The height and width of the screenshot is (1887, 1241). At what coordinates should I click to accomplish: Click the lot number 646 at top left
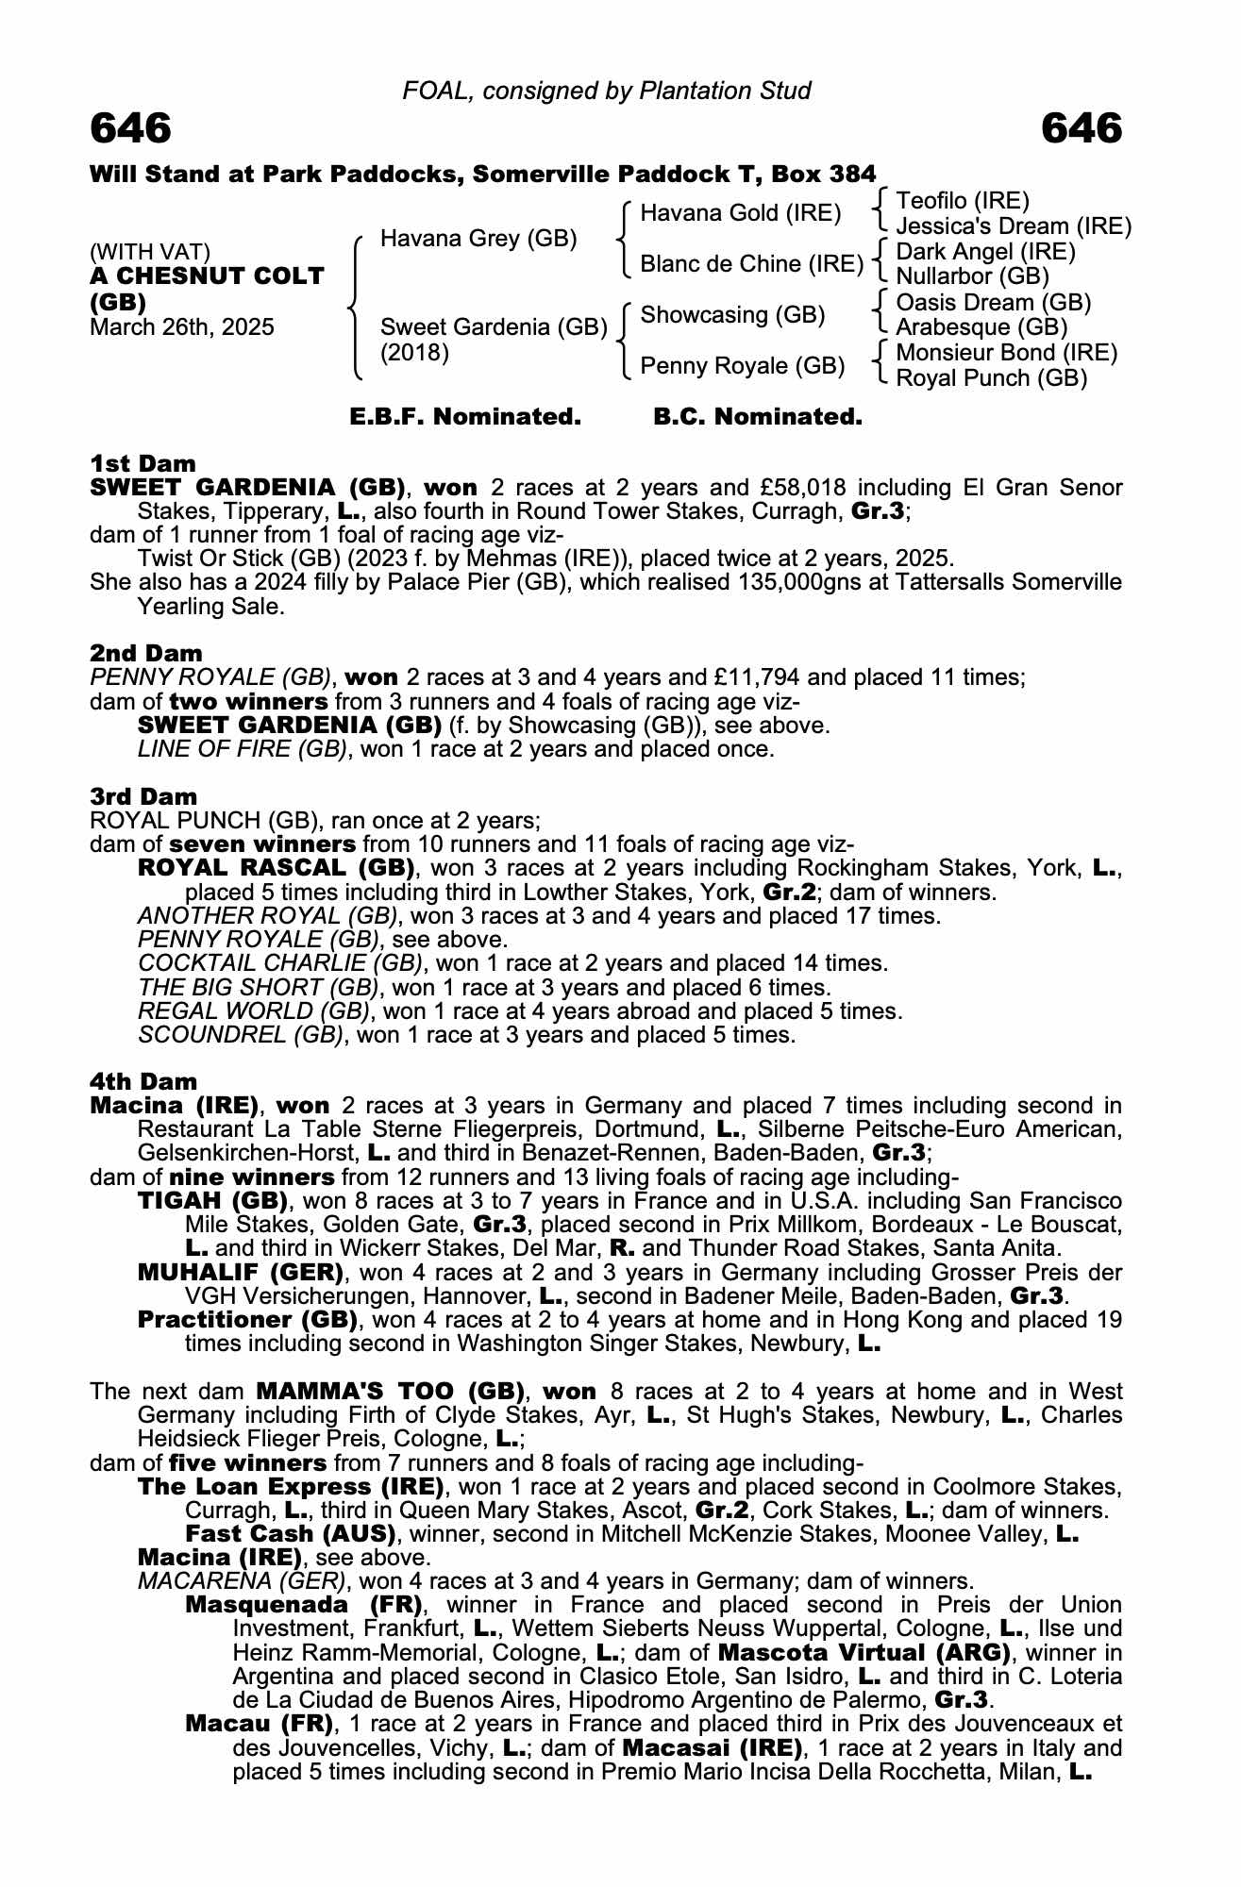130,127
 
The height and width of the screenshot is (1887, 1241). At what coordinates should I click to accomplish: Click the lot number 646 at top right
1082,127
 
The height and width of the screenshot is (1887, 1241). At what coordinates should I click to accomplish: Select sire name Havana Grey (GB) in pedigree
478,239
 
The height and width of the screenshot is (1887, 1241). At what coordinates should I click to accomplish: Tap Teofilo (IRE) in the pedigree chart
962,201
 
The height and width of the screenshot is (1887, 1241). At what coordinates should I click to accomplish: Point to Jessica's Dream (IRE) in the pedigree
1013,226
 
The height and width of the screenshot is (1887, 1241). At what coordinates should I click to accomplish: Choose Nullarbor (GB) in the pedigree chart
972,276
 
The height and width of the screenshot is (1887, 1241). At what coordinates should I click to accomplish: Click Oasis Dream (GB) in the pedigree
993,303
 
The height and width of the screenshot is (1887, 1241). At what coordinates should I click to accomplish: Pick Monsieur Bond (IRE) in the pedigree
1006,353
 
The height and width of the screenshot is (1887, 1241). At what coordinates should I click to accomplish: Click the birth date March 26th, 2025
182,327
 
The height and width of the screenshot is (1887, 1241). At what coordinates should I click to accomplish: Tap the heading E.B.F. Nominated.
465,416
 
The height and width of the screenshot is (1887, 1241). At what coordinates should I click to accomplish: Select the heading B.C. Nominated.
758,416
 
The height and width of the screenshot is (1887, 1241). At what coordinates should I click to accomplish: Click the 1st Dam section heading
143,463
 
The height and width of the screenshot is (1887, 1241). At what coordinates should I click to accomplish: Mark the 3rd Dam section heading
143,796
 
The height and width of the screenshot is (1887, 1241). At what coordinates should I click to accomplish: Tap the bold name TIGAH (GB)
212,1201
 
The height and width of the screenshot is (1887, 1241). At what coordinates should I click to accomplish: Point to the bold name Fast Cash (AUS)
290,1533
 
